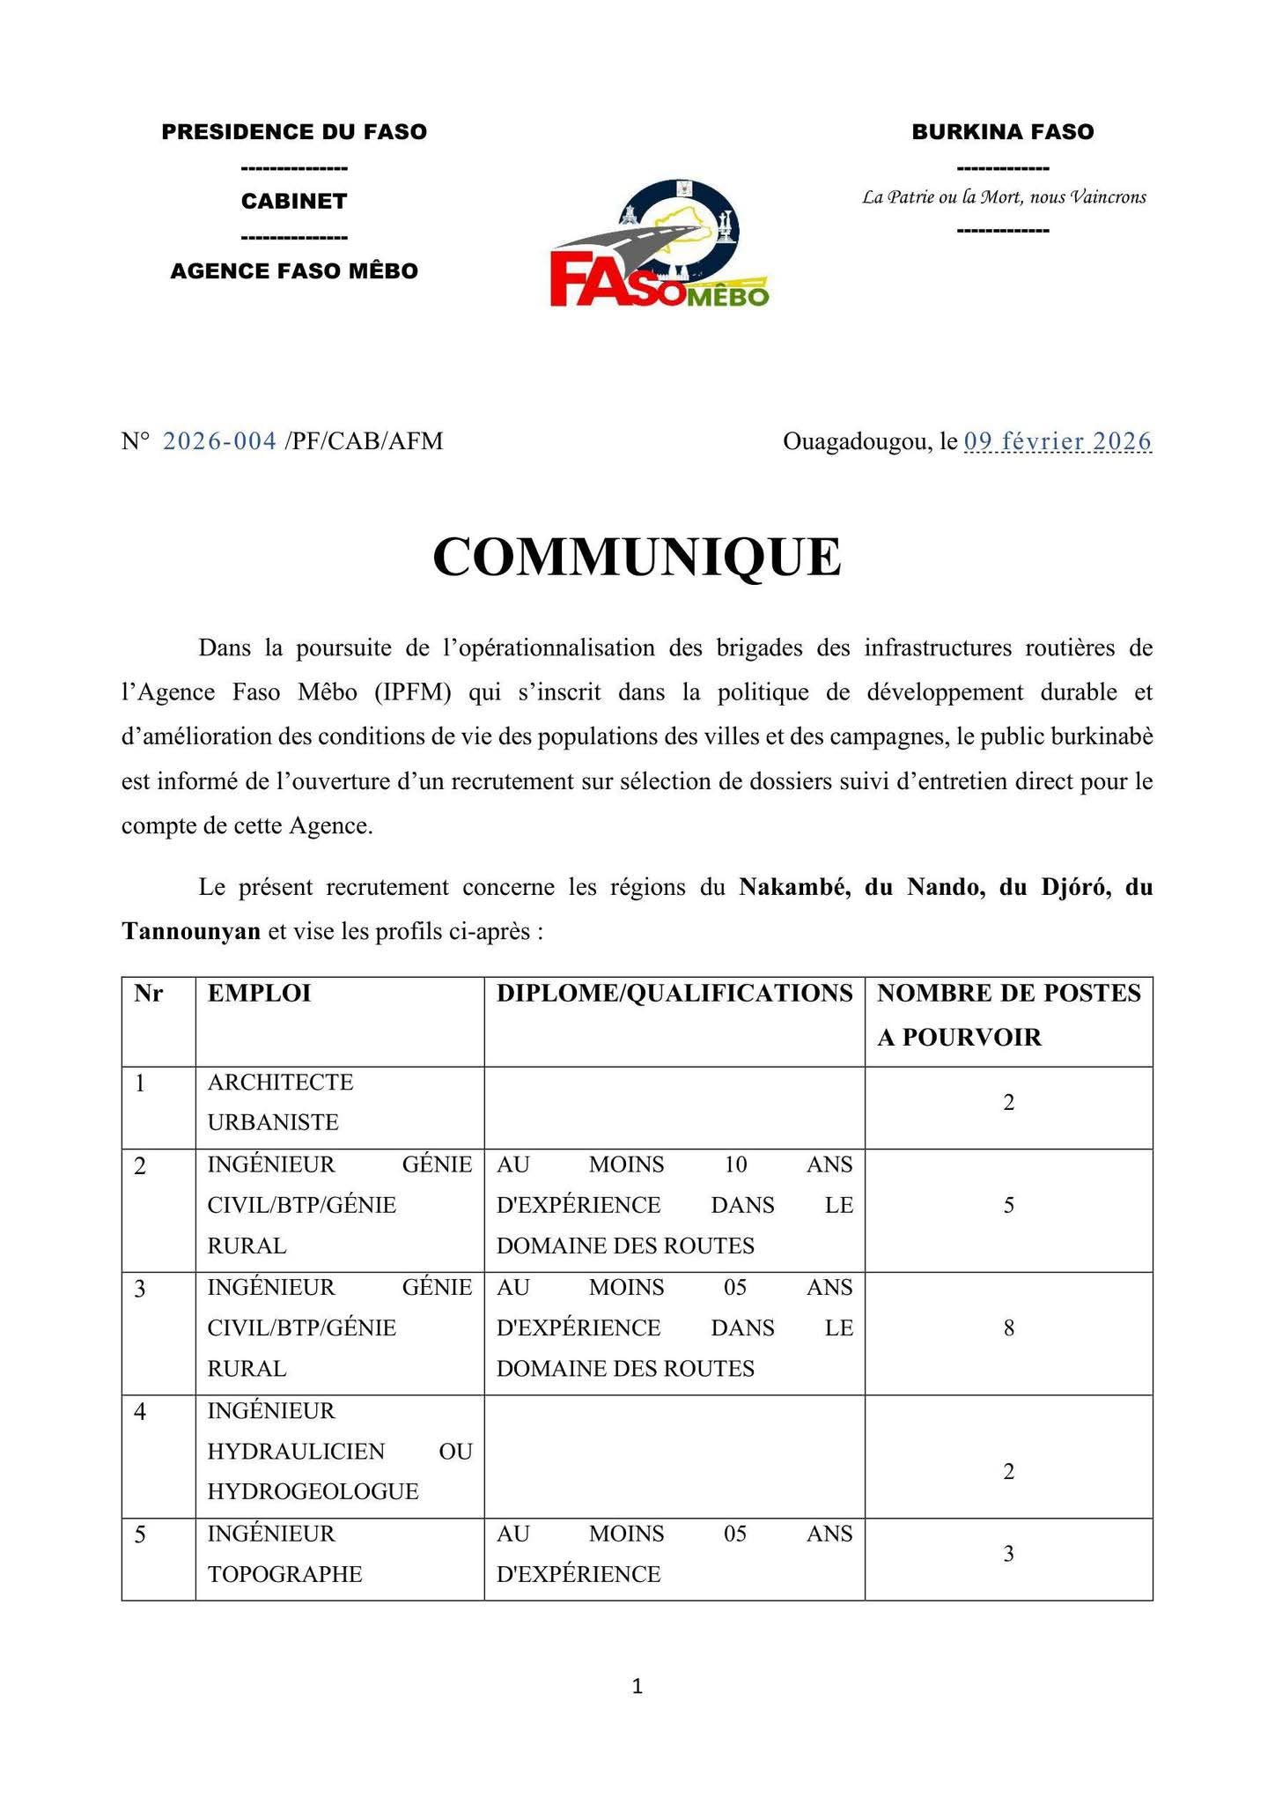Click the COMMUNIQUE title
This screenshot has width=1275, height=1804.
click(x=637, y=558)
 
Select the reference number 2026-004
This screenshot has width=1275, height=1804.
click(x=219, y=440)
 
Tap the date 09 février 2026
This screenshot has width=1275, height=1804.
click(x=1058, y=440)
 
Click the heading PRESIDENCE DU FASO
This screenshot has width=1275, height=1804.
click(x=294, y=132)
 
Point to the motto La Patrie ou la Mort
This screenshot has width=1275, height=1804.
click(x=1004, y=197)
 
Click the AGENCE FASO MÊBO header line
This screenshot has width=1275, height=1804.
click(x=294, y=270)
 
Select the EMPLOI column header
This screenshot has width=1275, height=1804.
click(x=259, y=994)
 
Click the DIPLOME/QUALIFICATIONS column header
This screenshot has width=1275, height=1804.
click(x=674, y=994)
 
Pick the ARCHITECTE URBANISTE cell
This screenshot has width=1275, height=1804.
click(x=280, y=1102)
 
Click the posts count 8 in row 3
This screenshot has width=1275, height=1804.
click(x=1009, y=1327)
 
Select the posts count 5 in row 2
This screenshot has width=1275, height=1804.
click(x=1009, y=1205)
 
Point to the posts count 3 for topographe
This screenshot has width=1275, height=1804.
click(x=1009, y=1554)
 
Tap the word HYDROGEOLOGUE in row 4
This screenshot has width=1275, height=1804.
click(x=313, y=1491)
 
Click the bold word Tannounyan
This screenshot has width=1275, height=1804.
click(x=191, y=931)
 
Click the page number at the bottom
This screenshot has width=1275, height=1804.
click(x=637, y=1687)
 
